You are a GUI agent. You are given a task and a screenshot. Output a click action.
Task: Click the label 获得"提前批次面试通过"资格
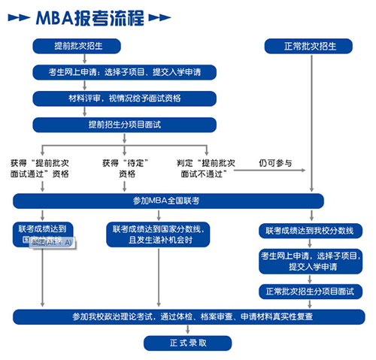pos(41,168)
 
